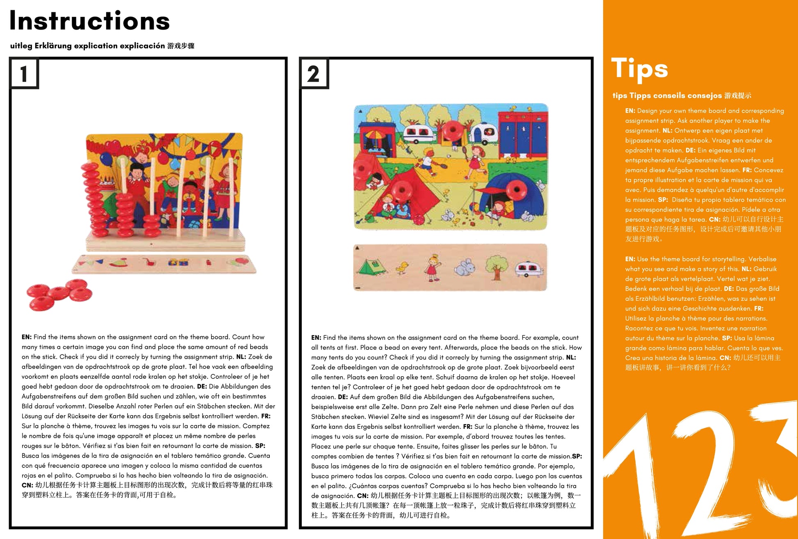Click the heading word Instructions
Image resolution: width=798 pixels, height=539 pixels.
point(89,21)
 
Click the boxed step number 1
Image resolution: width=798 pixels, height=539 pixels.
point(24,74)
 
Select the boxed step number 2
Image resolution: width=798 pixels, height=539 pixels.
point(313,74)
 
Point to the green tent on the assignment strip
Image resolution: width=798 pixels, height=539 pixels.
point(372,267)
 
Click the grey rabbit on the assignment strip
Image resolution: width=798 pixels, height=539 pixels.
point(464,267)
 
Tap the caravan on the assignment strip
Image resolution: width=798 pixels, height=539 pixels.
point(528,268)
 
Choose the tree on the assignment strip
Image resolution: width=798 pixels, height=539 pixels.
point(496,266)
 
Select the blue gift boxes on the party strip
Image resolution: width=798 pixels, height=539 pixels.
point(178,263)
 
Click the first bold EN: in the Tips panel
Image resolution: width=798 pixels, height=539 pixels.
point(630,111)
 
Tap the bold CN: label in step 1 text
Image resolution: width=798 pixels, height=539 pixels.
point(27,485)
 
